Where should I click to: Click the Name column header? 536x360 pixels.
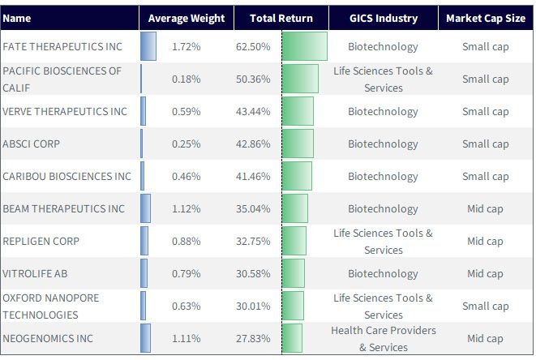(x=17, y=18)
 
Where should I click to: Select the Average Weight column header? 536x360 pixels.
(x=187, y=18)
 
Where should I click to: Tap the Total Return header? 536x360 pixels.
(x=281, y=18)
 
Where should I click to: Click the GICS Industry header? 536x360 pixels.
(x=384, y=18)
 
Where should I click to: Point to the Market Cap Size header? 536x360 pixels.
(x=486, y=18)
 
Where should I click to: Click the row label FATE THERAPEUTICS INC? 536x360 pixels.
(x=62, y=46)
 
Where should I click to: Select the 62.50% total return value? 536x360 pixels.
(x=253, y=46)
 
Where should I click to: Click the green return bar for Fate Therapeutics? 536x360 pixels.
(x=305, y=46)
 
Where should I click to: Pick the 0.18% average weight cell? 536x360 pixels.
(x=186, y=79)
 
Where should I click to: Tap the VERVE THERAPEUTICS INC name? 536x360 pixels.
(x=65, y=111)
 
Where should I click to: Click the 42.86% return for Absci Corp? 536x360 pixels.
(x=253, y=144)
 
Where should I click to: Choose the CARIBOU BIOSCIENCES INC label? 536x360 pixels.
(x=66, y=177)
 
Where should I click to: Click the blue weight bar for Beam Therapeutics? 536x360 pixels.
(x=145, y=208)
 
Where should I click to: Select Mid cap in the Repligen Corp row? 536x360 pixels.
(x=485, y=242)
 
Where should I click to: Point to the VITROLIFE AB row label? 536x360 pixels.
(x=35, y=274)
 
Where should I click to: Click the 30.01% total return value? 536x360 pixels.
(x=253, y=306)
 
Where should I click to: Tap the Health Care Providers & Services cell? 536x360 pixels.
(x=384, y=339)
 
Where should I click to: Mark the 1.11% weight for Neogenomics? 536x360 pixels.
(x=186, y=338)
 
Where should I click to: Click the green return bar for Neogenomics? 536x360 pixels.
(x=292, y=338)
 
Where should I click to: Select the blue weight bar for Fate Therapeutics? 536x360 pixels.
(x=148, y=46)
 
